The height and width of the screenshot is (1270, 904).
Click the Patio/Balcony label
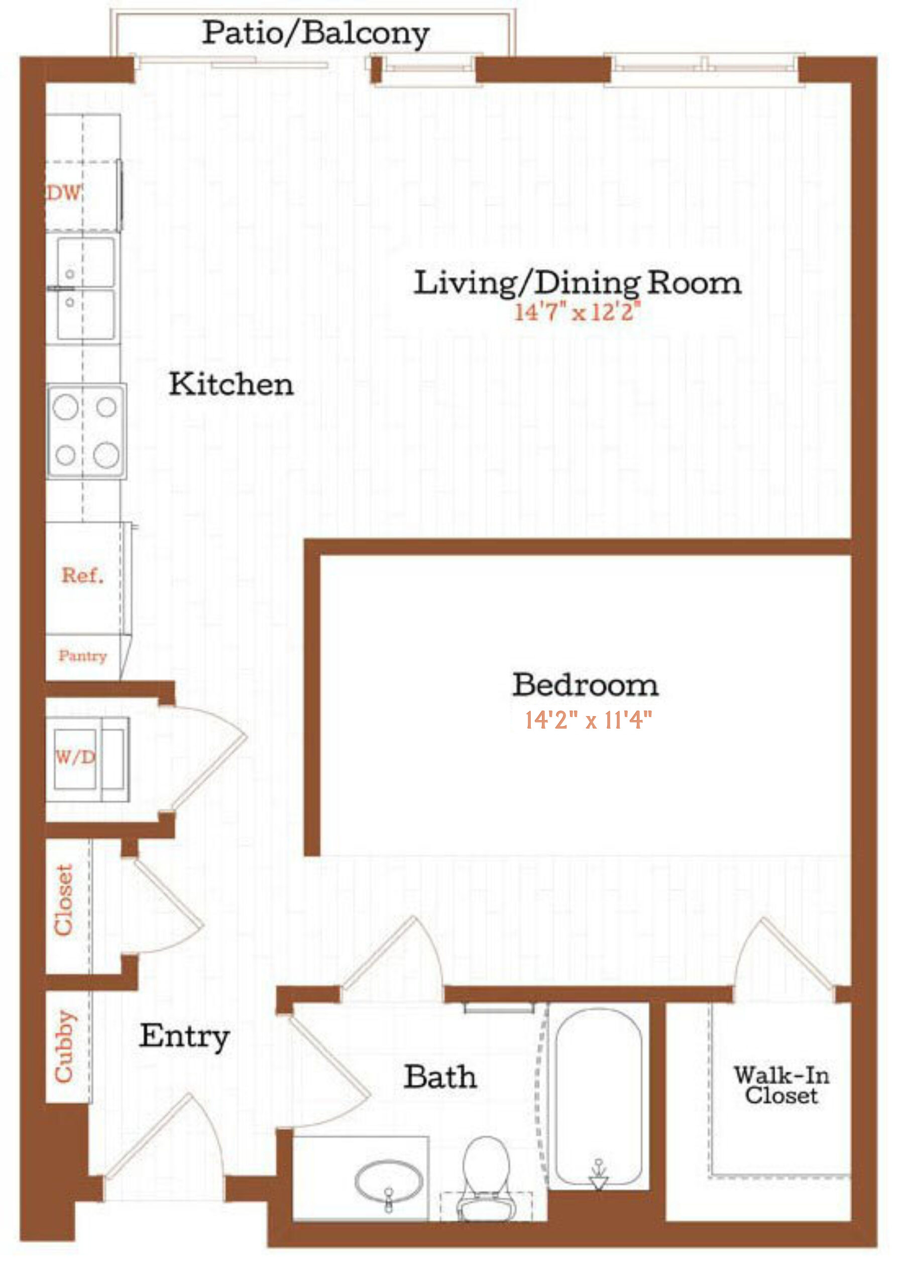click(x=315, y=33)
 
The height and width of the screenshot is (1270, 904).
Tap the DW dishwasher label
click(x=64, y=193)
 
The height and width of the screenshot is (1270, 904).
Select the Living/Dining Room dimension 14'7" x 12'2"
click(x=577, y=312)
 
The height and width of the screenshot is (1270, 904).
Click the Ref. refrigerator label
click(x=82, y=575)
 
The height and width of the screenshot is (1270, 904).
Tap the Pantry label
click(x=82, y=656)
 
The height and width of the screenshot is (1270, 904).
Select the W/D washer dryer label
click(x=75, y=756)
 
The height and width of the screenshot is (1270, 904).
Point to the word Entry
click(x=184, y=1036)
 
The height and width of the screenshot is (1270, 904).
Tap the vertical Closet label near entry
click(x=63, y=900)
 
